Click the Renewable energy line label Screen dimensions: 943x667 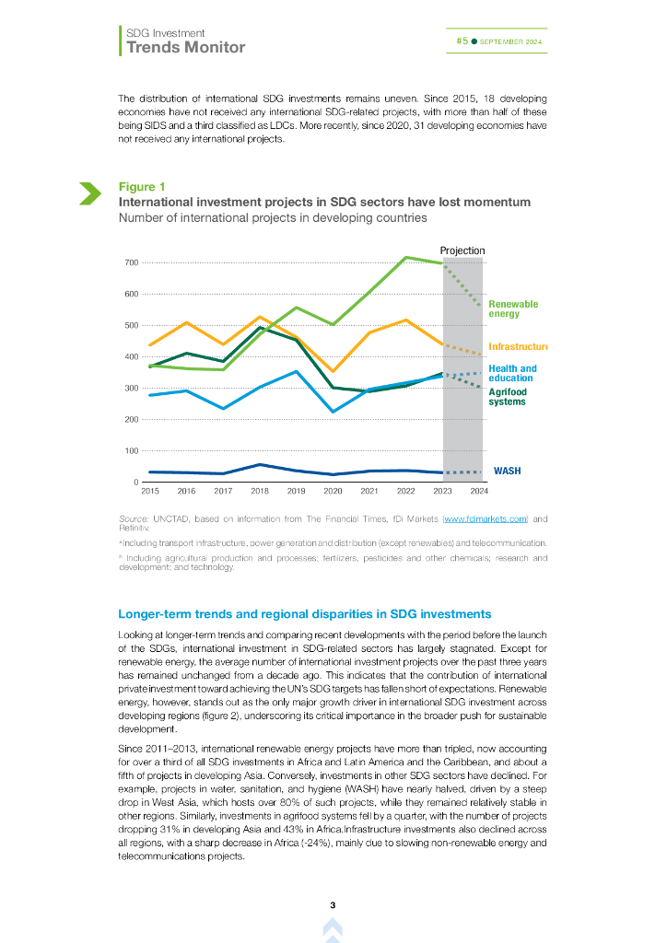tap(513, 309)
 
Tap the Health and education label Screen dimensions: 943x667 tap(511, 373)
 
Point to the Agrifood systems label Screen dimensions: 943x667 tap(507, 397)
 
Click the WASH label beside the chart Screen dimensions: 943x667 tap(507, 471)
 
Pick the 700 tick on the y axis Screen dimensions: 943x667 tap(132, 263)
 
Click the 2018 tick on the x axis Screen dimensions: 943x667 tap(260, 492)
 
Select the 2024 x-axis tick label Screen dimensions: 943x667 tap(479, 492)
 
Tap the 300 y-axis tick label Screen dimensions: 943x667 tap(132, 389)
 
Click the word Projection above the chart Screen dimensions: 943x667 tap(462, 250)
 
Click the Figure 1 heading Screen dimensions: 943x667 tap(136, 188)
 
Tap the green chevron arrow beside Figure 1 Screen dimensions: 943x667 tap(89, 193)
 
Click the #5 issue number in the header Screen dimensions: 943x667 tap(462, 41)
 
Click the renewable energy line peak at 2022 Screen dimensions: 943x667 tap(405, 257)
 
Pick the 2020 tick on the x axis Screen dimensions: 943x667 tap(333, 492)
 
